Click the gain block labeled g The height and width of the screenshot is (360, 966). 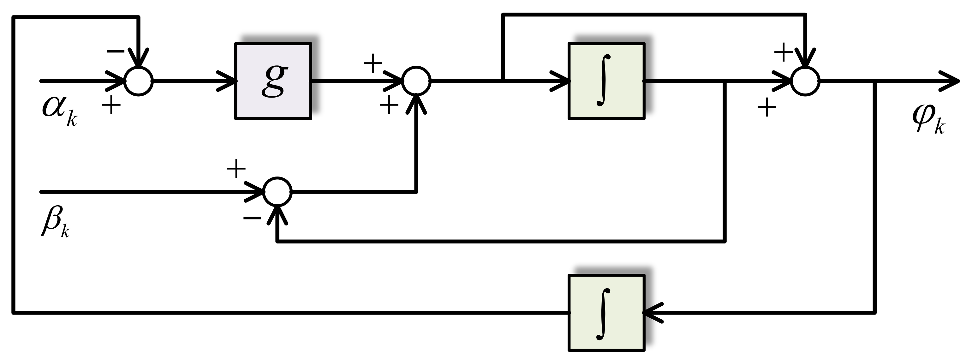(273, 81)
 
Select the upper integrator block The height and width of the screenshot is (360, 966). (606, 81)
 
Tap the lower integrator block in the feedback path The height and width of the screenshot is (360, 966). (606, 313)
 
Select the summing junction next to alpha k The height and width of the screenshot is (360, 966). (139, 81)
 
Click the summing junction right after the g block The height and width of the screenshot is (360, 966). (416, 81)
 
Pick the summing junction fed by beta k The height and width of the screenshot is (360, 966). (277, 192)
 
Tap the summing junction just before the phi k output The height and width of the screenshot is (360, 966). (806, 81)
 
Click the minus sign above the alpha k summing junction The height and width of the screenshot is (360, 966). (116, 51)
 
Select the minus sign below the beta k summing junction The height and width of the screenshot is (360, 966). (252, 218)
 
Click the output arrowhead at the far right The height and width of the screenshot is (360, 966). (951, 81)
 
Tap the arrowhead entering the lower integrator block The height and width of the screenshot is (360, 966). (653, 313)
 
